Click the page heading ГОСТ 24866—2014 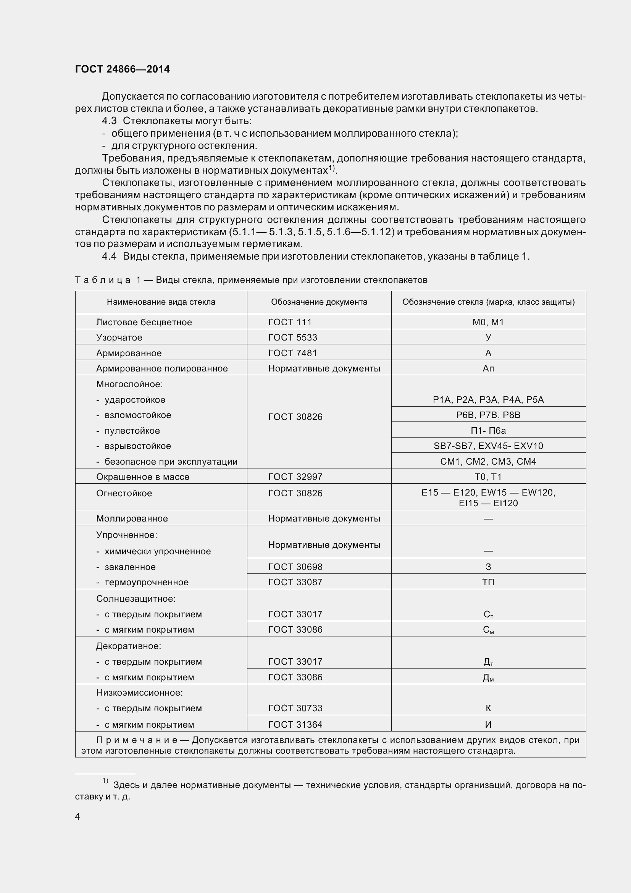(123, 69)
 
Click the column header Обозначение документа (319, 302)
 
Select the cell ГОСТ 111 (290, 322)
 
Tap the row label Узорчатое (119, 337)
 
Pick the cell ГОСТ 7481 (292, 353)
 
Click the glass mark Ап (488, 368)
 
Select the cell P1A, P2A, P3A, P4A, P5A (488, 400)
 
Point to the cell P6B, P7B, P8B (488, 415)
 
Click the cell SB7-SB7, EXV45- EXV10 (488, 446)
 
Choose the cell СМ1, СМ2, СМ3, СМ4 (488, 462)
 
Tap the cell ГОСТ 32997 (295, 477)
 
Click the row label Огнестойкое (124, 493)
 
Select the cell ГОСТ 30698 (295, 567)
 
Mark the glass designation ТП (488, 582)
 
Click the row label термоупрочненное (147, 582)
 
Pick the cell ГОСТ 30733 (295, 708)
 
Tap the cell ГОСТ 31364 (295, 725)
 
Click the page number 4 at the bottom (77, 817)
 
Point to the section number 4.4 (109, 256)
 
